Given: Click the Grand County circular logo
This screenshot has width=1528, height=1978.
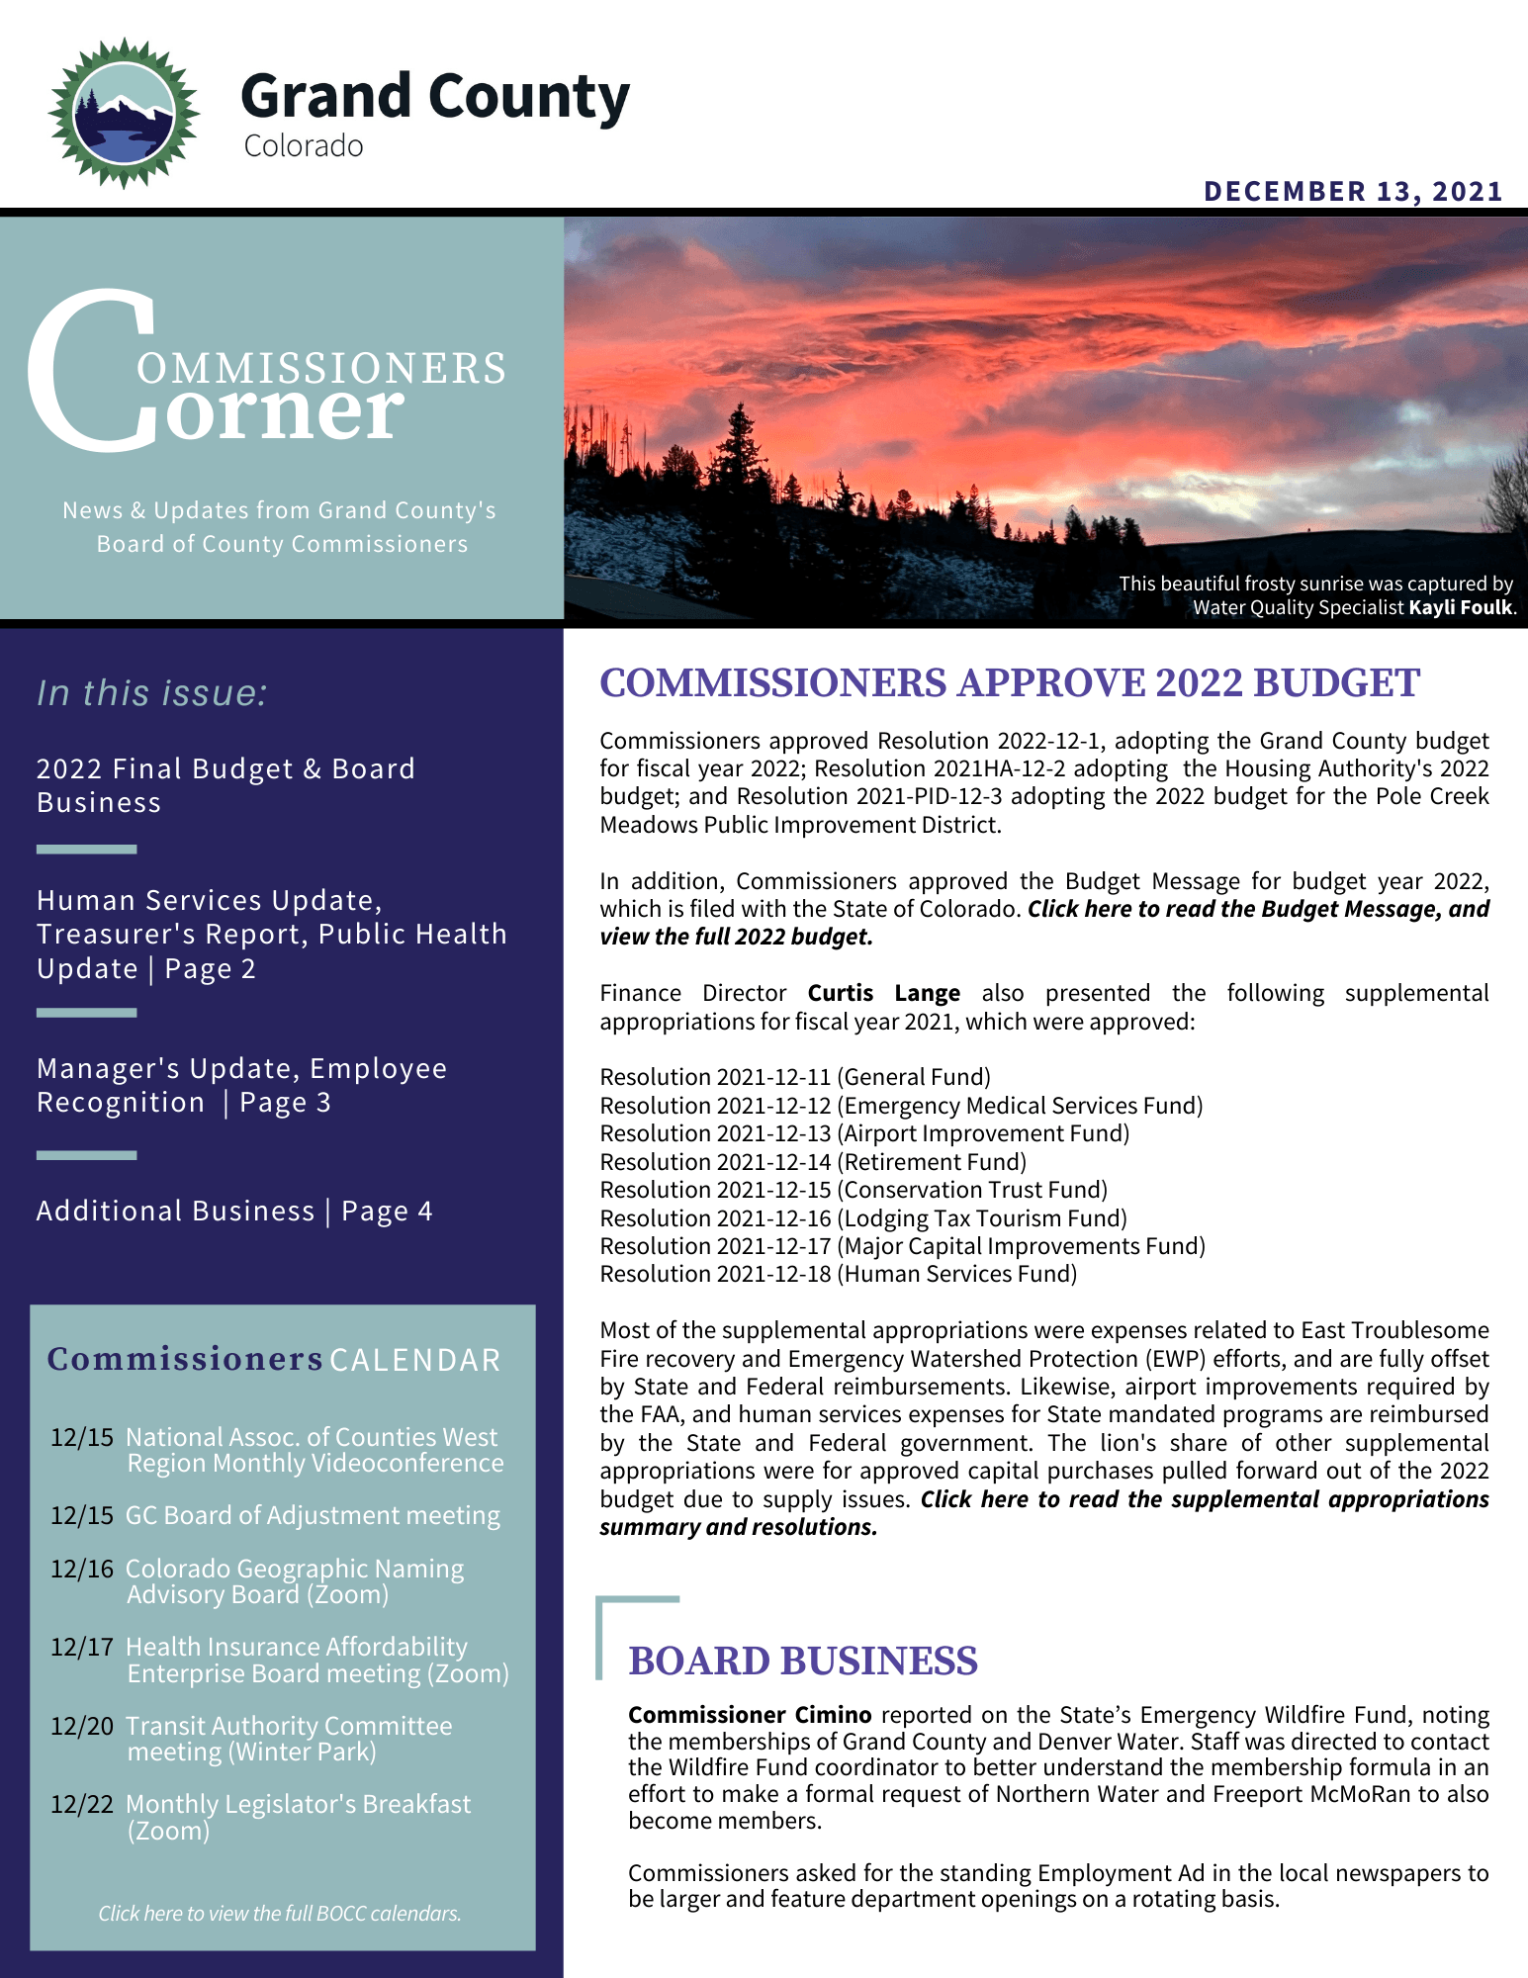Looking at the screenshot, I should (x=124, y=114).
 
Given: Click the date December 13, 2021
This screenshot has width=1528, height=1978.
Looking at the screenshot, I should (x=1353, y=191).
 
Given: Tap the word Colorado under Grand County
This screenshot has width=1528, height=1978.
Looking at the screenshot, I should (x=304, y=146).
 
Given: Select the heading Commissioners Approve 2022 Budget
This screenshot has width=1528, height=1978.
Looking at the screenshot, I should (x=1009, y=683).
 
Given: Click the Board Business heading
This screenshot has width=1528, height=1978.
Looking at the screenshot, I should (x=802, y=1661).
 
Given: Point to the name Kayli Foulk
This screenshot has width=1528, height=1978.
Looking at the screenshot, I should (x=1461, y=607).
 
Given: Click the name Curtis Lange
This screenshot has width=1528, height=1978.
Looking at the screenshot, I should (x=883, y=993).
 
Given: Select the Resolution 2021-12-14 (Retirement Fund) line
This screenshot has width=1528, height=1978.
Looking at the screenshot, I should (x=813, y=1162).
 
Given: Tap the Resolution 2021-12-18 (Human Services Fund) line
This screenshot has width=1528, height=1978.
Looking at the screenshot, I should (x=838, y=1274).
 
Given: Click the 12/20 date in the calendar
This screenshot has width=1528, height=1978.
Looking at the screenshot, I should (x=82, y=1726).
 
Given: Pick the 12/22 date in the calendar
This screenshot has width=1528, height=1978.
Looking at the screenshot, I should (x=82, y=1804).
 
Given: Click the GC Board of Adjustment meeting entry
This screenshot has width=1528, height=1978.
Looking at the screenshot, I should (x=313, y=1515).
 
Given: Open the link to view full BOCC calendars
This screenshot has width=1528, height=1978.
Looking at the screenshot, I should (x=280, y=1914).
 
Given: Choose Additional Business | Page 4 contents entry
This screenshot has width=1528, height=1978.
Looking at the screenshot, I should (x=234, y=1212).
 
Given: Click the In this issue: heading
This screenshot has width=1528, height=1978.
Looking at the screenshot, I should (x=152, y=693).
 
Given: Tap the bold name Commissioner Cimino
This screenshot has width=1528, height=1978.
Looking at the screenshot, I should (x=750, y=1715).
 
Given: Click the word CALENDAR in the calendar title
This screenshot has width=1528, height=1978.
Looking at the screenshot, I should (x=415, y=1361).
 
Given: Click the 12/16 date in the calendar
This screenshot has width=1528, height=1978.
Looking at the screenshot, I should (x=82, y=1569).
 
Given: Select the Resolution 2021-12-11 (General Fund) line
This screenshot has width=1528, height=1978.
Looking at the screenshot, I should (x=795, y=1077).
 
